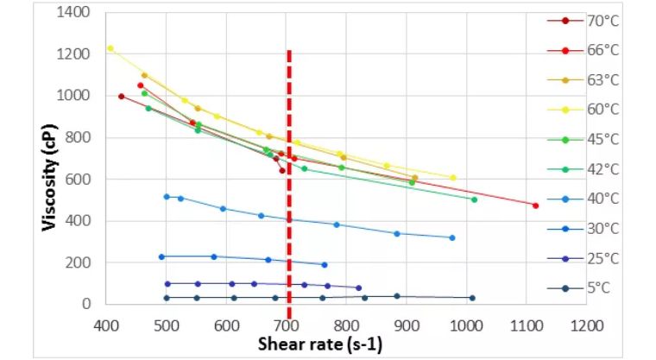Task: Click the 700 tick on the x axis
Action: point(287,325)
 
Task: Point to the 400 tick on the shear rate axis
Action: point(106,325)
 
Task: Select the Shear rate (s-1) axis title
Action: point(320,344)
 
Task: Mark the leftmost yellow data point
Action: point(110,48)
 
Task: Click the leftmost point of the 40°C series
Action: point(167,197)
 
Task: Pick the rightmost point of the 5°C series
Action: point(472,298)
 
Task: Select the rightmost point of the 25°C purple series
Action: point(358,287)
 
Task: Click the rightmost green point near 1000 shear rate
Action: point(474,199)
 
